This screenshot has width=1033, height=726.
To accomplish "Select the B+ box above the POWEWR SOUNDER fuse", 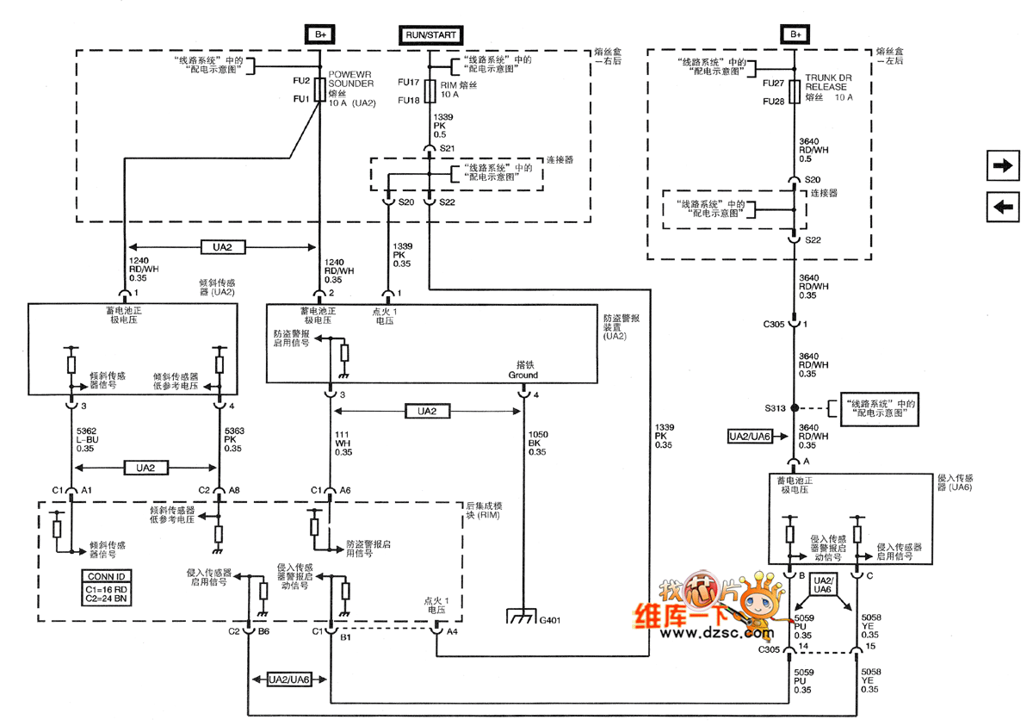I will click(320, 35).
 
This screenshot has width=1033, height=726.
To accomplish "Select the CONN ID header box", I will click(107, 576).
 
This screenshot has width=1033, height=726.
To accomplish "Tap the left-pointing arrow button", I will click(1004, 207).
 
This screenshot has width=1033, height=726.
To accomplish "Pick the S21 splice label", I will click(447, 149).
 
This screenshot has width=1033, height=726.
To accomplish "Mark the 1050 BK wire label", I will click(537, 443).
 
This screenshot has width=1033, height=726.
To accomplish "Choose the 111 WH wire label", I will click(343, 443).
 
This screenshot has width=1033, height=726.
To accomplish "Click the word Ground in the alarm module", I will click(523, 375).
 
